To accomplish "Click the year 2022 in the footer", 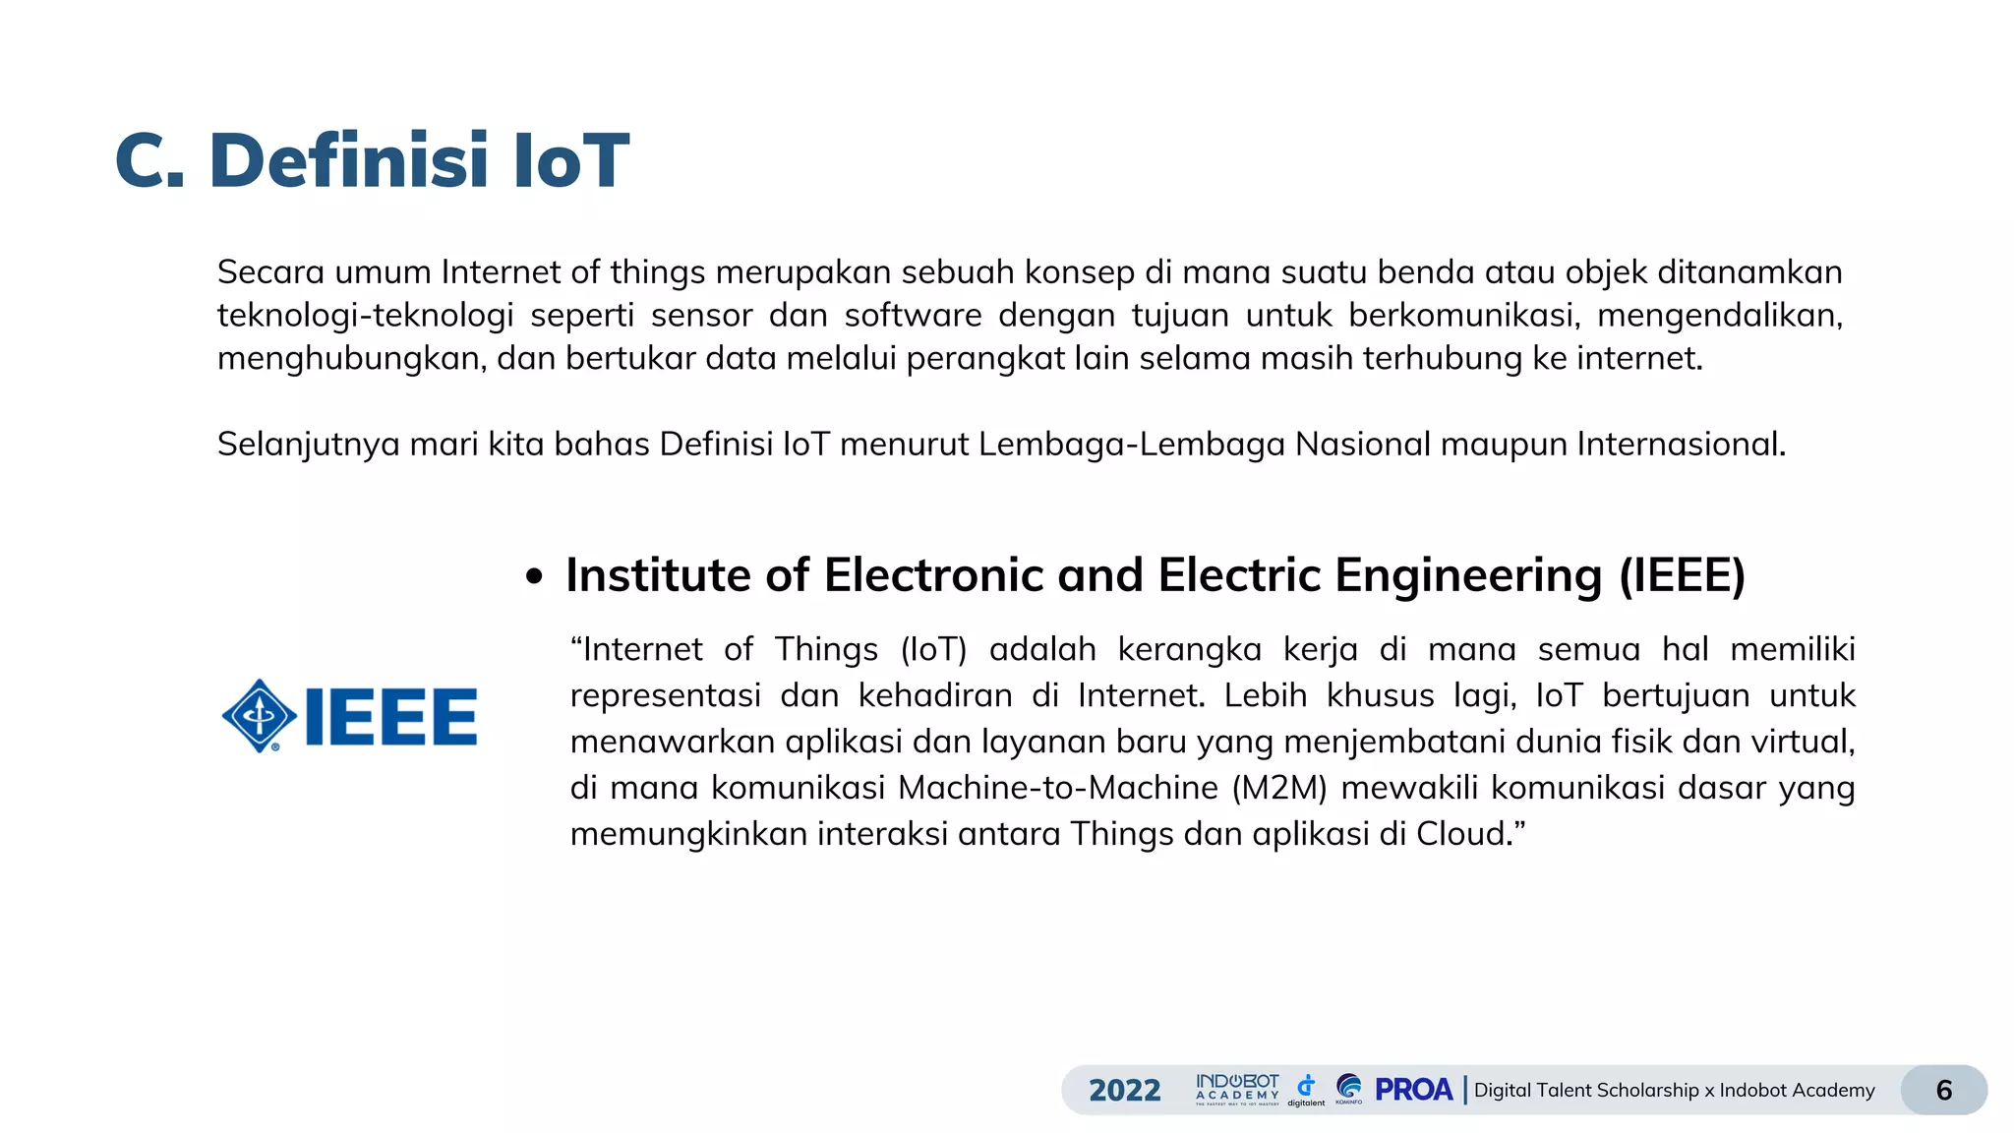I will click(1124, 1090).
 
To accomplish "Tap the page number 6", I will click(1943, 1090).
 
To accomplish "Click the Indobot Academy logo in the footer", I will click(1237, 1089).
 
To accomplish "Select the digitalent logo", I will click(1306, 1089).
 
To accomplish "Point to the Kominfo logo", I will click(1349, 1088).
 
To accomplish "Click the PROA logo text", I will click(1413, 1090).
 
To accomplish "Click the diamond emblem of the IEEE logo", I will click(260, 716).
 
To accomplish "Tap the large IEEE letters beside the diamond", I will click(391, 717).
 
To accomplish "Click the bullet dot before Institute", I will click(534, 577).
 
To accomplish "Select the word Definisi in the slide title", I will click(349, 160).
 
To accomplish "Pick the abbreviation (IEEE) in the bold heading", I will click(1682, 575).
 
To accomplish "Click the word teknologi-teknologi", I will click(365, 315).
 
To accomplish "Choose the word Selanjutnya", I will click(308, 445).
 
